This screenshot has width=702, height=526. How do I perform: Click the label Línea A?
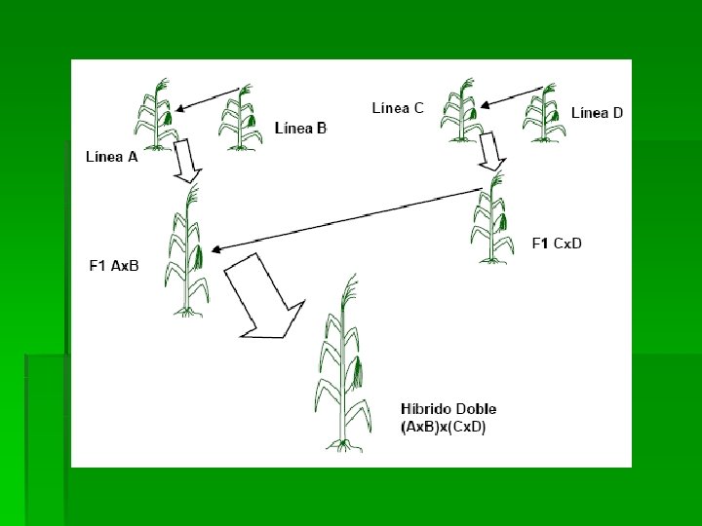[111, 157]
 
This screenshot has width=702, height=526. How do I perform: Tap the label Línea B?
[301, 129]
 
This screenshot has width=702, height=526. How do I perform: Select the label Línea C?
[398, 108]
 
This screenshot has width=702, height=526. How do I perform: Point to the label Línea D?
[597, 113]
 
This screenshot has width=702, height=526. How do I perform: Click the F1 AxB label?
[114, 266]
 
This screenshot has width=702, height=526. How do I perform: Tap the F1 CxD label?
[557, 244]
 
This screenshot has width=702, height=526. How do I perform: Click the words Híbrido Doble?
[448, 409]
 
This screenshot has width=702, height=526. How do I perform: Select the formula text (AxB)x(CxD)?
[444, 428]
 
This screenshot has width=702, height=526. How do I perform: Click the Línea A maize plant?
[156, 115]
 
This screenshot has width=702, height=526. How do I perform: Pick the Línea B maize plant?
[241, 118]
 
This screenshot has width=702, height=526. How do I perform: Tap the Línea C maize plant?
[461, 110]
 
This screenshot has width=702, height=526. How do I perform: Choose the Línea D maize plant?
[544, 113]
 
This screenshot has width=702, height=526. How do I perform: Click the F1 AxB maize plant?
[186, 250]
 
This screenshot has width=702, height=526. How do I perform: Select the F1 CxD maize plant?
[492, 218]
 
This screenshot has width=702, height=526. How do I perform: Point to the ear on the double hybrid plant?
[357, 372]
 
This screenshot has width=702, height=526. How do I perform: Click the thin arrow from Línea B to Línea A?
[208, 99]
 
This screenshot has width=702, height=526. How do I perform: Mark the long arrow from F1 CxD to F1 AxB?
[346, 220]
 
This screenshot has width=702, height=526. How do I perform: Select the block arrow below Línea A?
[186, 161]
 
